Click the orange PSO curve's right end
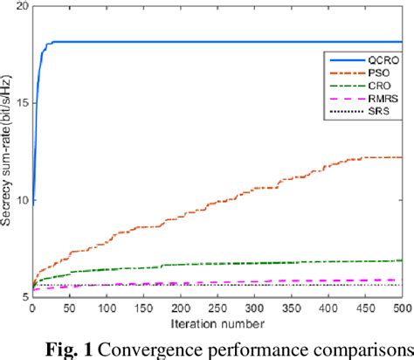(x=400, y=157)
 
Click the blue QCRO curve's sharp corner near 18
(x=50, y=42)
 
